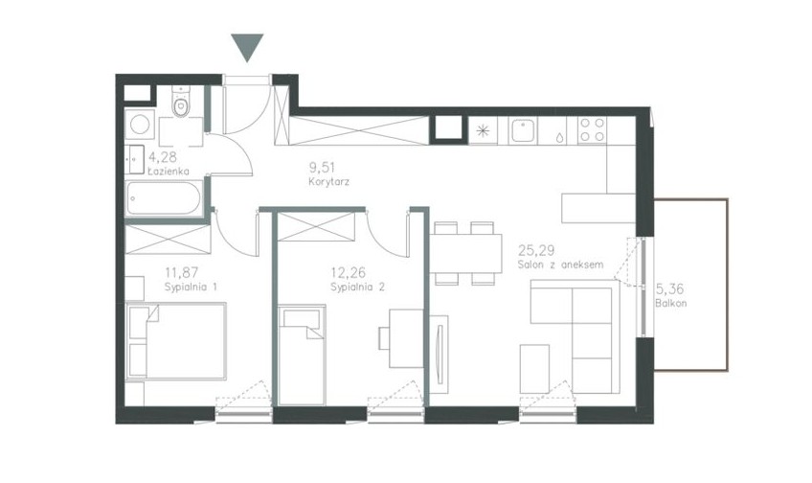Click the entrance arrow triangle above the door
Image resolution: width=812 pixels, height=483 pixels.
pos(247,47)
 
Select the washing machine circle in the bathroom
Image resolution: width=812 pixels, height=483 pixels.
pos(140,125)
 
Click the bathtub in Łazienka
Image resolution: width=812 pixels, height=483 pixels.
pos(164,198)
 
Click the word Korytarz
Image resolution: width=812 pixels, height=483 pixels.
pos(328,182)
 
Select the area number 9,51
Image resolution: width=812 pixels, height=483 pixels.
pos(322,168)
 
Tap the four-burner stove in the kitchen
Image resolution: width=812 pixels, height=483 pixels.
pos(593,130)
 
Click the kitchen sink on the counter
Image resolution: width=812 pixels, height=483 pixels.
pos(523,130)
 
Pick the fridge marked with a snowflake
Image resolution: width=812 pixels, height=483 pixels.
pos(483,130)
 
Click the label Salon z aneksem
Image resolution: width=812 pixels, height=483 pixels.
pos(560,264)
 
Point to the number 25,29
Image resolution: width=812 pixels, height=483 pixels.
pos(536,251)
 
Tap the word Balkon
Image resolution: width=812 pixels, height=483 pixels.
pos(670,303)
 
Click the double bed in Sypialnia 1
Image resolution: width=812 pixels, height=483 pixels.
pos(176,341)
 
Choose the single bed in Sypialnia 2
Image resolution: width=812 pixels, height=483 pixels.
pos(302,355)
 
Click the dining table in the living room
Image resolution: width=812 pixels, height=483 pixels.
pos(465,253)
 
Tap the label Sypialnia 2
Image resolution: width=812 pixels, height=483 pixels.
pos(358,287)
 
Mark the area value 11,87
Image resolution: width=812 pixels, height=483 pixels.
pos(182,272)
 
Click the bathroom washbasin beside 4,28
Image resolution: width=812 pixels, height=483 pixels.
pos(135,160)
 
